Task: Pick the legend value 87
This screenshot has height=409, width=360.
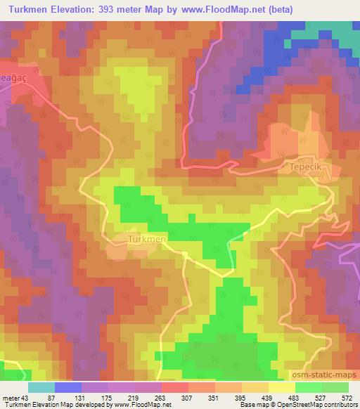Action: [x=62, y=397]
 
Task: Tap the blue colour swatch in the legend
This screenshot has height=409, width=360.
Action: [x=67, y=387]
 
